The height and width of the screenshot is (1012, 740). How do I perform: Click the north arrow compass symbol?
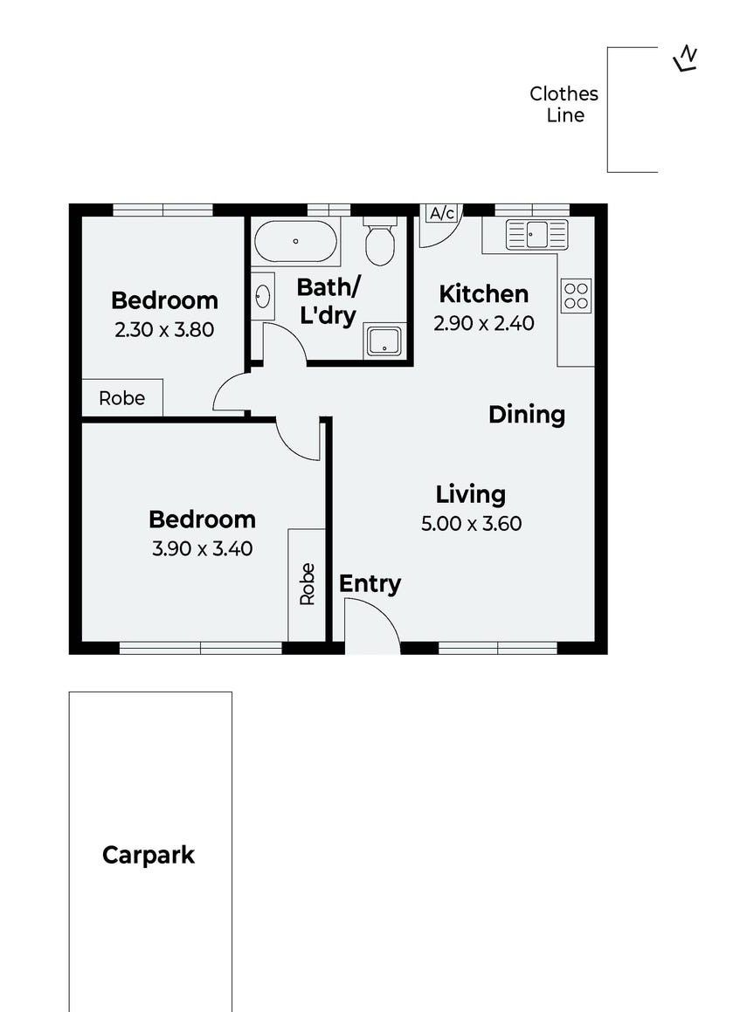(x=686, y=59)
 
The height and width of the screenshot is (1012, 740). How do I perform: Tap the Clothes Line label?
(x=564, y=105)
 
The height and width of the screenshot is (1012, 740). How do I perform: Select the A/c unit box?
(x=442, y=213)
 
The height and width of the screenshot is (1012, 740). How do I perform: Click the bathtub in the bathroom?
(x=296, y=241)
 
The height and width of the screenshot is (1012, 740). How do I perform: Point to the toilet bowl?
(x=380, y=240)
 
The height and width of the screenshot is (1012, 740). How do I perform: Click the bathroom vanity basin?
(x=262, y=297)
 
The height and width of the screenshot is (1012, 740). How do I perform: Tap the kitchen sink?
(x=536, y=234)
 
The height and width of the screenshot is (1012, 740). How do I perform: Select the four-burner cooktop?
(x=576, y=296)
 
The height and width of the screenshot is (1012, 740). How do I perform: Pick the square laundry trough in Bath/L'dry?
(x=384, y=341)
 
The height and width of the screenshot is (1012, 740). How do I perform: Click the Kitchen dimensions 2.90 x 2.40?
(x=484, y=323)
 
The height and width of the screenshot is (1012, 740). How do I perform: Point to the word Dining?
(x=526, y=415)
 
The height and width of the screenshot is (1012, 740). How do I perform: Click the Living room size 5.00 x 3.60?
(x=472, y=523)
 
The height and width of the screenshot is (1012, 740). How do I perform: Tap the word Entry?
(x=370, y=584)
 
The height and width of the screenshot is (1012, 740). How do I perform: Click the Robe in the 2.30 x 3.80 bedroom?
(x=122, y=398)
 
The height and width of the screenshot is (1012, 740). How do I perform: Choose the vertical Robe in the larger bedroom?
(x=307, y=585)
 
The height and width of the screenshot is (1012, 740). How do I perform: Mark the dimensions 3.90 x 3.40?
(x=202, y=548)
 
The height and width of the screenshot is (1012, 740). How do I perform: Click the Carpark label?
(x=149, y=855)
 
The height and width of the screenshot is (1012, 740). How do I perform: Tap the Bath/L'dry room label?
(x=328, y=300)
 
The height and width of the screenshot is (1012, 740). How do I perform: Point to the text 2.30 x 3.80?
(x=164, y=330)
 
